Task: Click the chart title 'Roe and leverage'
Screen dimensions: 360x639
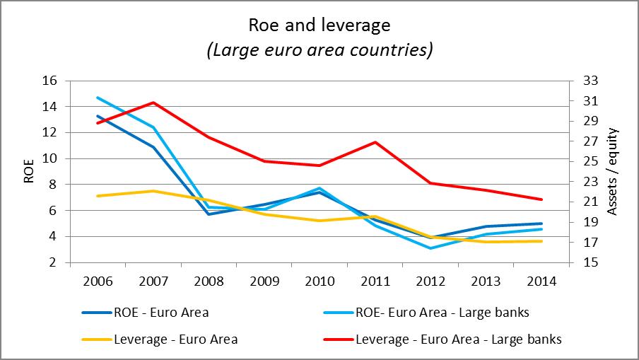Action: point(319,26)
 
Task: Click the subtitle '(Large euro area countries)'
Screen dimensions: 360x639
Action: point(319,51)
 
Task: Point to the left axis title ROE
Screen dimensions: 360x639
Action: point(29,171)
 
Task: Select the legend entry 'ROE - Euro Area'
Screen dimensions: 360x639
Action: point(162,312)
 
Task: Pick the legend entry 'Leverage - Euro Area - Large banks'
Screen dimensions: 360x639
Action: point(459,339)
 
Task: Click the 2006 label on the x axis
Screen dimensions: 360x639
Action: point(97,281)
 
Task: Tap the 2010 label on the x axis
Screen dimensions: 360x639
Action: point(319,281)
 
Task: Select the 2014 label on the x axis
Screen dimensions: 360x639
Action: point(541,281)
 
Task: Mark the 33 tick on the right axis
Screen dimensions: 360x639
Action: point(587,81)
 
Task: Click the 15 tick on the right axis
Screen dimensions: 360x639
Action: point(587,262)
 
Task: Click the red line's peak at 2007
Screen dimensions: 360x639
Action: point(153,103)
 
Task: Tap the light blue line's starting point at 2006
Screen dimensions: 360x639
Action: point(98,98)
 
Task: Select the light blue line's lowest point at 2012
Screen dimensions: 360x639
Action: point(430,248)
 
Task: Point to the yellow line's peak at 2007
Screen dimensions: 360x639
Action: point(153,191)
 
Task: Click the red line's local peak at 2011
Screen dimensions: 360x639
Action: point(375,142)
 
